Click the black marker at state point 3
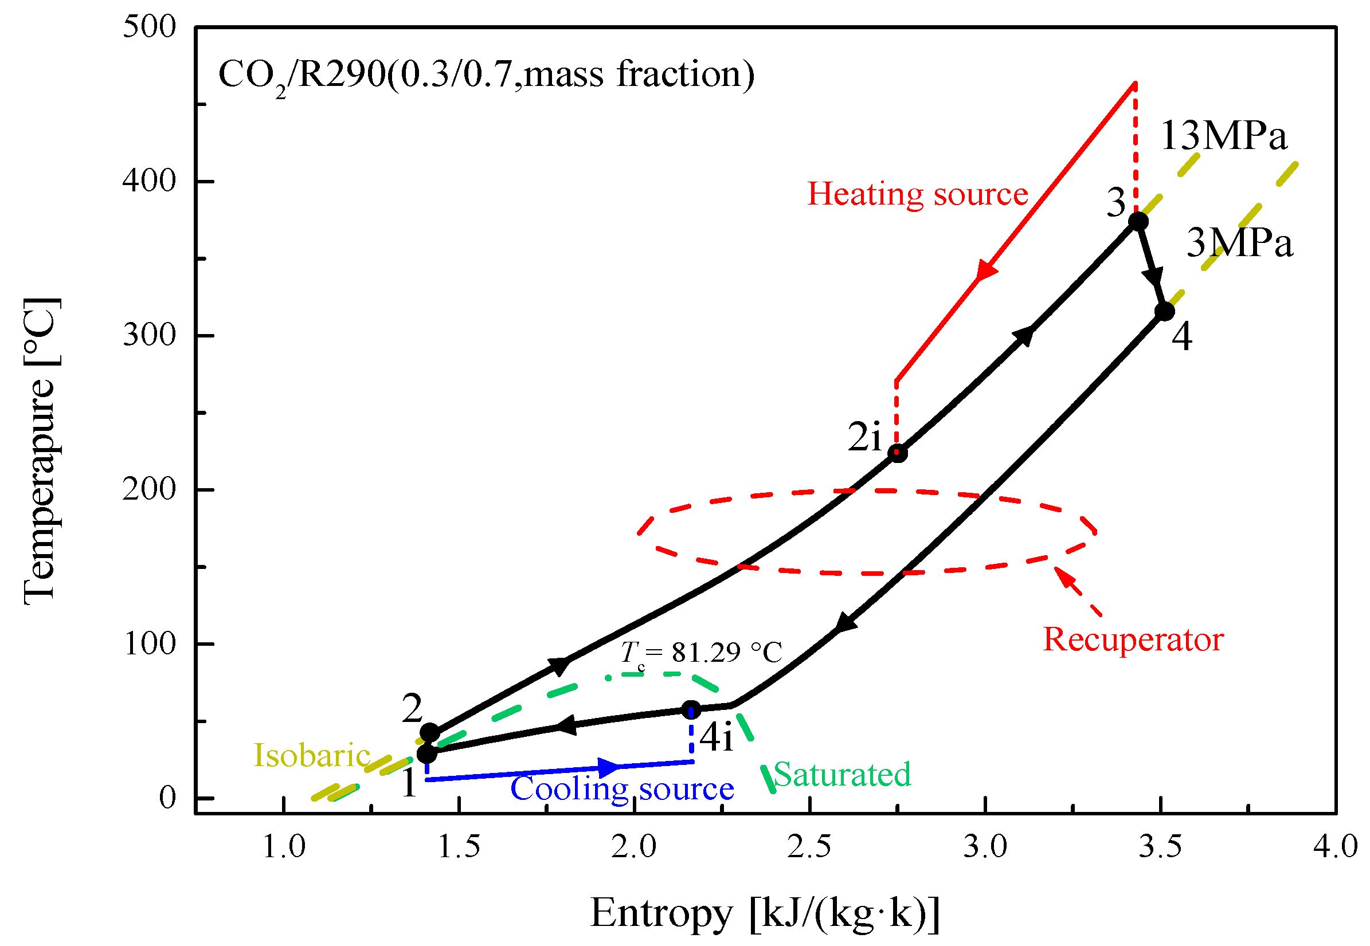tap(1138, 221)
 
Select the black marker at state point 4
tap(1164, 311)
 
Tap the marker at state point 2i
tap(898, 453)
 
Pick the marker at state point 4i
tap(691, 709)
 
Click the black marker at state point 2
tap(430, 733)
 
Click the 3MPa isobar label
tap(1239, 244)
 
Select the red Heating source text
tap(917, 194)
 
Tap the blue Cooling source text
tap(622, 789)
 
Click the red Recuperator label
tap(1133, 639)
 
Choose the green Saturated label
tap(842, 775)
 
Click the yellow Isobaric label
tap(312, 755)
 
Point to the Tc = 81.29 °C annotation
tap(700, 653)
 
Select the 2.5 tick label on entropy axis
tap(809, 846)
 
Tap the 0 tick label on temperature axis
tap(168, 798)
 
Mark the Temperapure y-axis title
tap(40, 451)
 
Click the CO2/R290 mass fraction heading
tap(486, 76)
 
